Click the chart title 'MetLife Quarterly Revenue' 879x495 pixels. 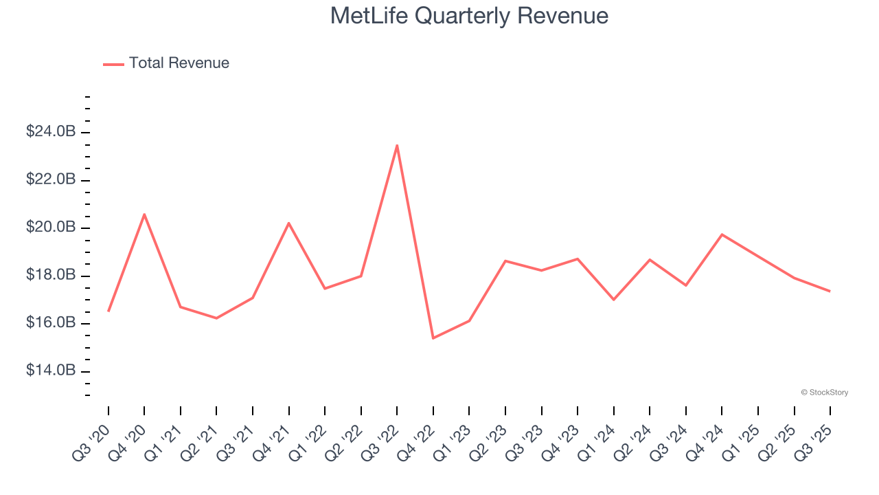[x=469, y=16]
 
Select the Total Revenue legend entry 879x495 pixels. [x=166, y=63]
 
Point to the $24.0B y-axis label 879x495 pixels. [x=51, y=131]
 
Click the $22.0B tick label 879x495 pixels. [x=51, y=179]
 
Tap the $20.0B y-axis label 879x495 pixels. [x=51, y=227]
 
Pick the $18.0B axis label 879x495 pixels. [x=51, y=275]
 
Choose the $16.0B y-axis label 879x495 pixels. [x=51, y=322]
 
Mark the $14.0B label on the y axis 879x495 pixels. [x=51, y=371]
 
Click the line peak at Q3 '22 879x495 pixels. [x=397, y=146]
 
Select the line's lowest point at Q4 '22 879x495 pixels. [x=433, y=338]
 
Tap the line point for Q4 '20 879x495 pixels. [x=144, y=214]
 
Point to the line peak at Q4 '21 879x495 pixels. [x=288, y=223]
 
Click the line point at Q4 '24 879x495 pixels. [x=722, y=234]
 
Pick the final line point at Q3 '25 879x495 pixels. [x=830, y=291]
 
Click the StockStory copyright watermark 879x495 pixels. [x=824, y=393]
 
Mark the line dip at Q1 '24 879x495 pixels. [x=613, y=299]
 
